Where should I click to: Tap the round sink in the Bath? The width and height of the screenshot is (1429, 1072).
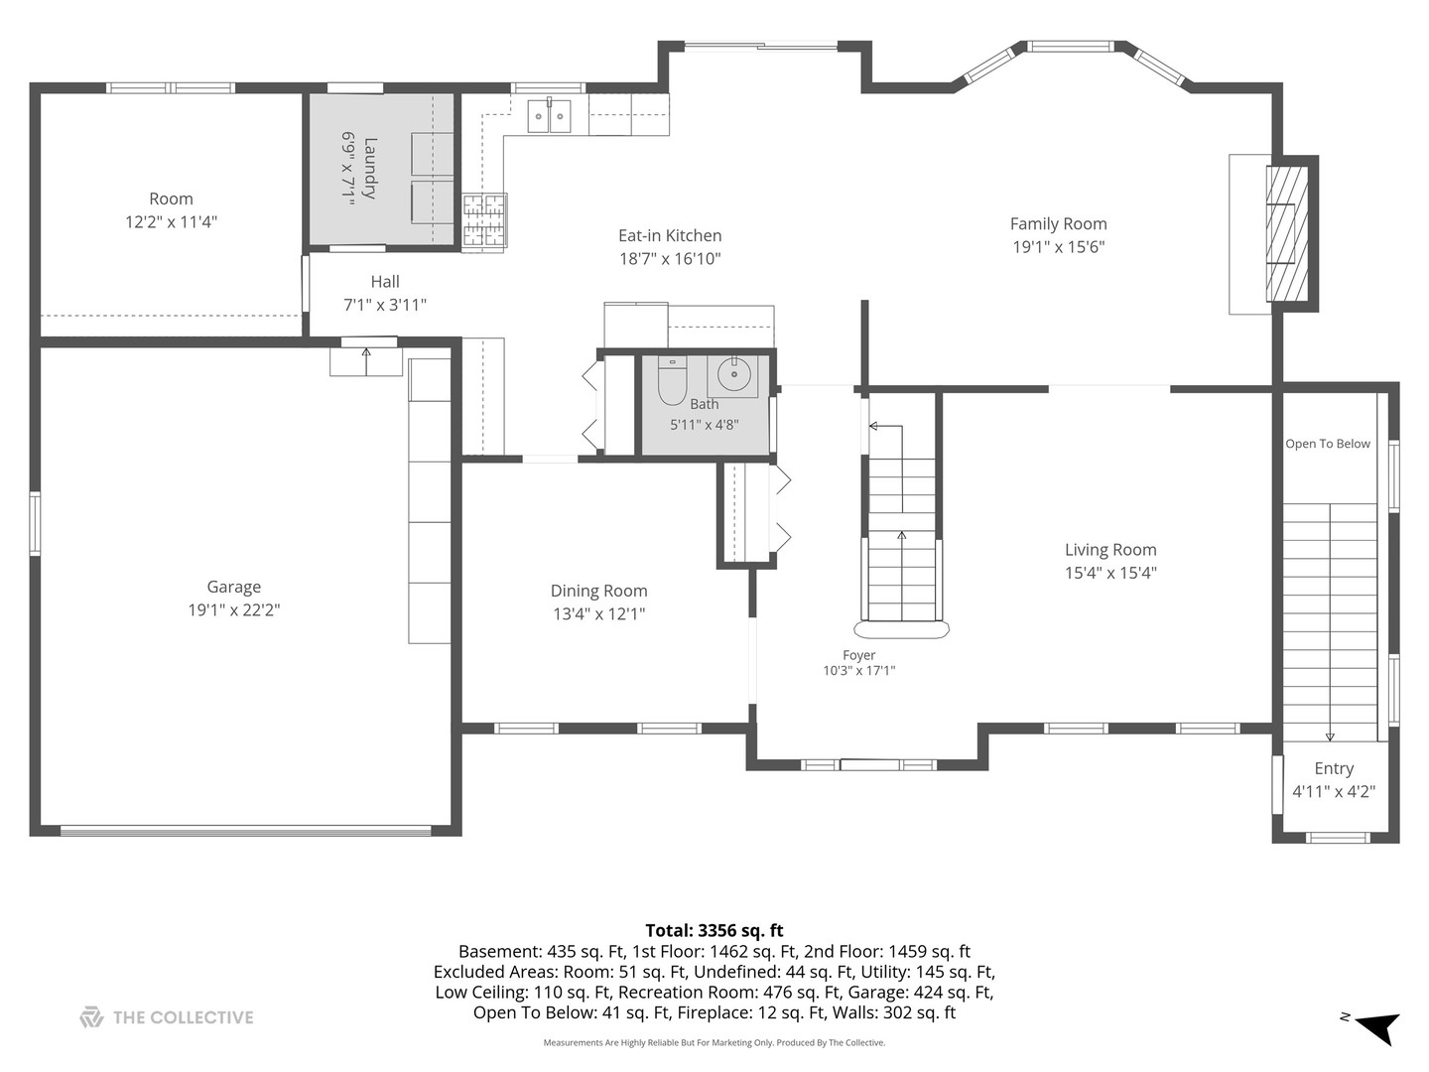pos(733,374)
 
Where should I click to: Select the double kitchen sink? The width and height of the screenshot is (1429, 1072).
pos(549,115)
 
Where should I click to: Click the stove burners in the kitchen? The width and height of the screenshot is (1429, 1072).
pos(484,220)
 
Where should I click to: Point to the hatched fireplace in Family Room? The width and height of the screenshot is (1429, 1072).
pos(1287,233)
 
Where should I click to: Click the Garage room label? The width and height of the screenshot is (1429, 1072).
pos(234,587)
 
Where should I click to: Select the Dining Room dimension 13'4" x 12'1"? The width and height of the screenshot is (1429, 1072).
pos(599,613)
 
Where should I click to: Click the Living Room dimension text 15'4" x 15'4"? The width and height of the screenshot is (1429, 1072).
pos(1110,573)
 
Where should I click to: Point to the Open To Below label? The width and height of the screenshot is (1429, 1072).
pos(1328,444)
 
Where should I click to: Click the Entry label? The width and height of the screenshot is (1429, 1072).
pos(1334,768)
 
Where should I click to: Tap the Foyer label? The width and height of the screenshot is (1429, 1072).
pos(858,655)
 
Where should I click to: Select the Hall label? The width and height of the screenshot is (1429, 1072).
pos(385,281)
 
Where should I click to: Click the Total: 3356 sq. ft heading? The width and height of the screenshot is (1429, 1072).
pos(714,930)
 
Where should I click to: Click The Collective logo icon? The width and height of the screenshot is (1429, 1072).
pos(91,1017)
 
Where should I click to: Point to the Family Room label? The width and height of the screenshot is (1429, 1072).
pos(1059,224)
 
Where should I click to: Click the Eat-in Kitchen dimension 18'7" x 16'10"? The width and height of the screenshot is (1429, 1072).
pos(670,259)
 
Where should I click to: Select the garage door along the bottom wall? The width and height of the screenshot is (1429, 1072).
pos(245,831)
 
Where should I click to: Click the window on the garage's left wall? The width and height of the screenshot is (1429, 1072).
pos(35,524)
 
